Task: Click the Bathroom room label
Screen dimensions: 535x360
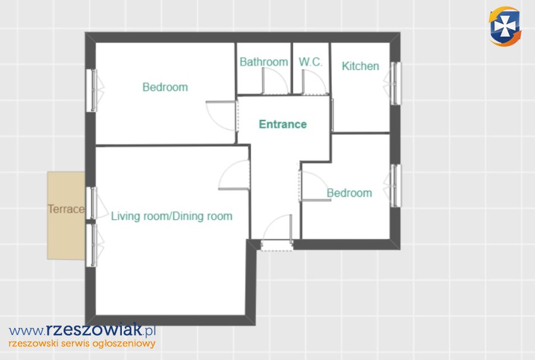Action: [x=264, y=62]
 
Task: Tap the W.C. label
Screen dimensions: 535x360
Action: [x=310, y=62]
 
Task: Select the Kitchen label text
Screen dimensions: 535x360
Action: [x=360, y=66]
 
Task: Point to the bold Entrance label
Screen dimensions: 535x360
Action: [x=283, y=124]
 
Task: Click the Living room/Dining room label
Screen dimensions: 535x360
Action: [x=172, y=216]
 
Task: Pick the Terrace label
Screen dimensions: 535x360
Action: [x=66, y=209]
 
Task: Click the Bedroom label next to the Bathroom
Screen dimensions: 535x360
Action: [x=165, y=87]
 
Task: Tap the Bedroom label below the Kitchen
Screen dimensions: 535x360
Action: [x=350, y=193]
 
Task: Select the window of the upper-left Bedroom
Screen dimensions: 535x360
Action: [x=93, y=90]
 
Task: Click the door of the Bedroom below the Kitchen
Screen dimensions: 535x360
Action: [x=314, y=186]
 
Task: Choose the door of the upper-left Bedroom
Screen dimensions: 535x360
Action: [x=222, y=116]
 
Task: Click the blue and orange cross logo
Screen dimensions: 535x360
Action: [x=505, y=26]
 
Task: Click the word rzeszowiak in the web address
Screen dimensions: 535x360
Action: [x=94, y=329]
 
